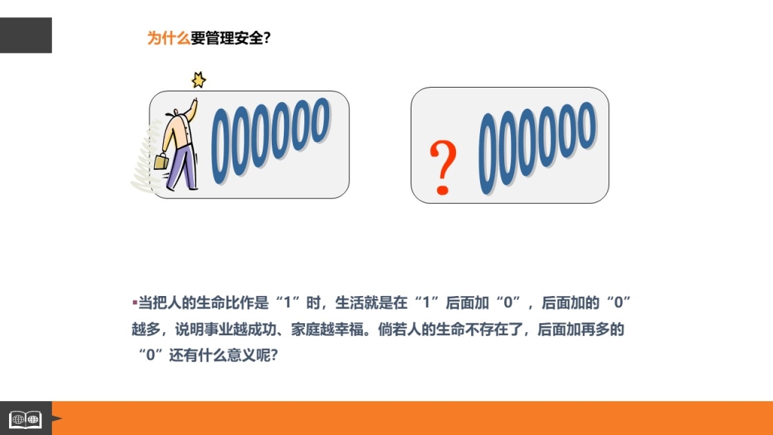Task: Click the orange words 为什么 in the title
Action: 168,38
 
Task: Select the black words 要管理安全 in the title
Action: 226,38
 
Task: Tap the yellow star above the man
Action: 199,80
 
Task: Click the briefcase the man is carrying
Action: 161,161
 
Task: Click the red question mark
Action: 442,167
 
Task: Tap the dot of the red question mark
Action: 442,189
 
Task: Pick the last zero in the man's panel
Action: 322,120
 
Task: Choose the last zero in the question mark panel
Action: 587,125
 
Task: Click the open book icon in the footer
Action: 26,420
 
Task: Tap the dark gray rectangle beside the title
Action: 26,35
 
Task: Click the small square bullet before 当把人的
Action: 134,301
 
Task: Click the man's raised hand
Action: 195,102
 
